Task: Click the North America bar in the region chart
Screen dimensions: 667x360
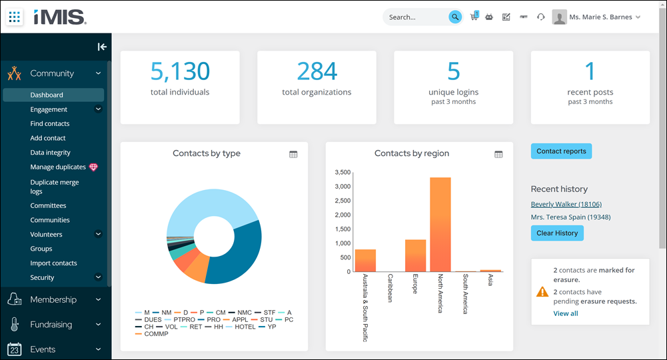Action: coord(440,224)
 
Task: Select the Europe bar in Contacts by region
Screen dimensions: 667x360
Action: coord(415,255)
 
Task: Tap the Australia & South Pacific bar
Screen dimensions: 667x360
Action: coord(365,261)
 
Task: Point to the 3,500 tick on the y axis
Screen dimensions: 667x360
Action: coord(343,173)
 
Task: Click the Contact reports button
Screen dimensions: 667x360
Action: coord(561,151)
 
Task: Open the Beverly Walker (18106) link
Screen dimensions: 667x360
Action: coord(566,204)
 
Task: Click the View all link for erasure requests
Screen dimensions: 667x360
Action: coord(565,313)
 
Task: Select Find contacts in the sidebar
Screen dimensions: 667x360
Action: coord(50,124)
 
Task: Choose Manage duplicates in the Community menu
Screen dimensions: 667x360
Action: coord(58,167)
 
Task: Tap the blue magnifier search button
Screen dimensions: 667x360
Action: coord(455,17)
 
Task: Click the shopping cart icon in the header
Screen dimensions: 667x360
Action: coord(474,17)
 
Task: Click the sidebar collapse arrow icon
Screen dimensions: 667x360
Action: coord(102,47)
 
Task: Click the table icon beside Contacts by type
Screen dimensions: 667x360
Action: coord(293,155)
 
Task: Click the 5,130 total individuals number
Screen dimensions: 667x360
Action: coord(180,71)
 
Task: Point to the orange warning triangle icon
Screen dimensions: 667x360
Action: coord(542,291)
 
